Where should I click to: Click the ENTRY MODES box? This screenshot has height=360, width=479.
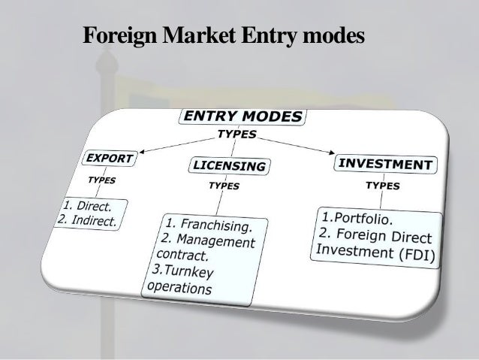pyautogui.click(x=242, y=116)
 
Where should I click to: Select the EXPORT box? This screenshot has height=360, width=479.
pyautogui.click(x=109, y=159)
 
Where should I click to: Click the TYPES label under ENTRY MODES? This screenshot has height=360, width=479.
pyautogui.click(x=236, y=135)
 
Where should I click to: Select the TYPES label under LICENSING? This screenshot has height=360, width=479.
pyautogui.click(x=224, y=185)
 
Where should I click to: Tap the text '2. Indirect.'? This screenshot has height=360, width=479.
pyautogui.click(x=87, y=221)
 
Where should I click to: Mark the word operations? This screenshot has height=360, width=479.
pyautogui.click(x=181, y=287)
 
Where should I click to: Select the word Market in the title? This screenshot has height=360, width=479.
pyautogui.click(x=189, y=35)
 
